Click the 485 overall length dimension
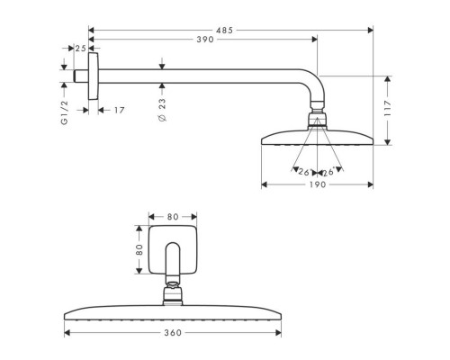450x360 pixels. tap(224, 30)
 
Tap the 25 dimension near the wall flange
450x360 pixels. tap(81, 48)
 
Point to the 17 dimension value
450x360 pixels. tap(120, 111)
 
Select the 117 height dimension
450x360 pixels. tap(388, 111)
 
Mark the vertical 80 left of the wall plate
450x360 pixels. tap(139, 249)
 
